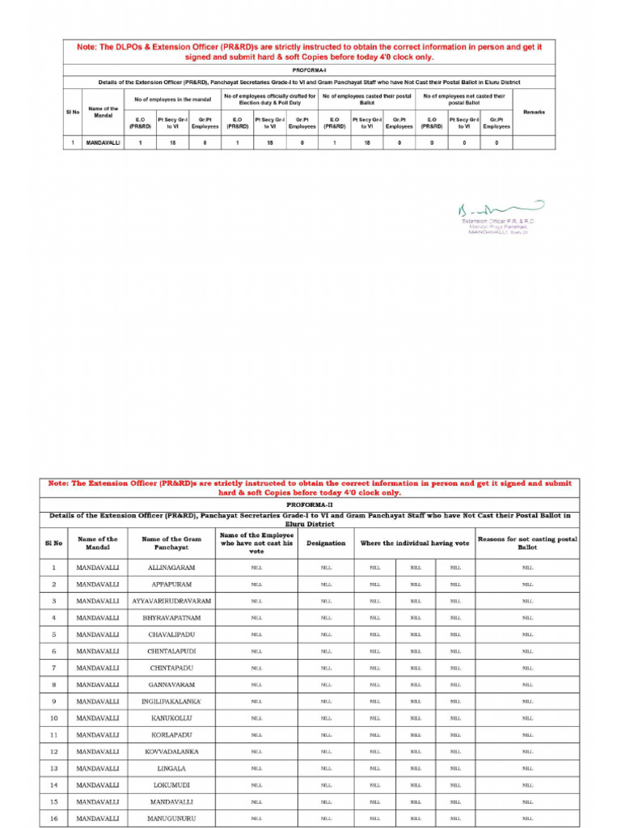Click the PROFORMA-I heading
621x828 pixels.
(x=310, y=70)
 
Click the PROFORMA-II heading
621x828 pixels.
(x=310, y=503)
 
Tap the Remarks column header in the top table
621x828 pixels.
(x=534, y=112)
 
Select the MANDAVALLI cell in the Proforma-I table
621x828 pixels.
(x=103, y=142)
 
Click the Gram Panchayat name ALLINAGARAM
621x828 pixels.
(x=171, y=568)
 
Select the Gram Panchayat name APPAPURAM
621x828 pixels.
(x=171, y=584)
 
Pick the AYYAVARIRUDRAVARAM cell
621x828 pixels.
(x=171, y=601)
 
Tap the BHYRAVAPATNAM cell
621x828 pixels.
(x=171, y=618)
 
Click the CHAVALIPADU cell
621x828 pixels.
(x=171, y=635)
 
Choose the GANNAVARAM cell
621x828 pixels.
(x=171, y=685)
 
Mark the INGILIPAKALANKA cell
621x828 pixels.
(x=171, y=701)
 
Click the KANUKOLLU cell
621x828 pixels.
(x=171, y=718)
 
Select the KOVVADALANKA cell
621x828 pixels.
(x=171, y=752)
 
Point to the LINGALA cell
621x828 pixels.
(x=171, y=768)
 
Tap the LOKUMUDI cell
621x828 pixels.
(x=171, y=785)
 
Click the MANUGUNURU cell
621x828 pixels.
(x=171, y=818)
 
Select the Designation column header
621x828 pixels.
(x=326, y=543)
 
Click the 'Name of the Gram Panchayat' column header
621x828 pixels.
(x=171, y=543)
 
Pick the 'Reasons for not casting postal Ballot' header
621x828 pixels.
(x=527, y=543)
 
